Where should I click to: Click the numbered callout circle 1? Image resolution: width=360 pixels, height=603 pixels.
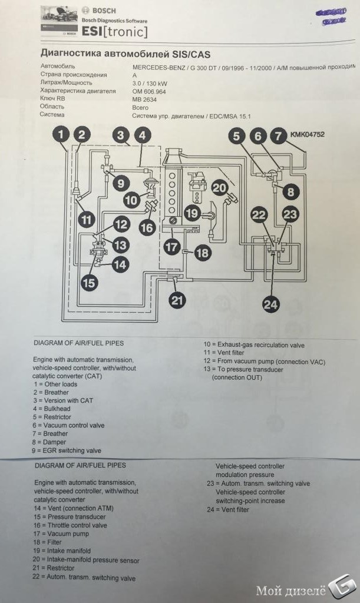[61, 135]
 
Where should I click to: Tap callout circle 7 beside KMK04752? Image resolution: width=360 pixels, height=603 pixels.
[278, 135]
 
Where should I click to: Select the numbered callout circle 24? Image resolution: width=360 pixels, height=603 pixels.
[271, 304]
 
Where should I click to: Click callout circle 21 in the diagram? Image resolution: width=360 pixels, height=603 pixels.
[177, 299]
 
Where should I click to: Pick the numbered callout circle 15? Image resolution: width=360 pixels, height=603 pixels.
[89, 283]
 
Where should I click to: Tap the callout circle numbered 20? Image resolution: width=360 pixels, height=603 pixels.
[219, 188]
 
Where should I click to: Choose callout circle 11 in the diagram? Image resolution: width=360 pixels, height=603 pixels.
[87, 221]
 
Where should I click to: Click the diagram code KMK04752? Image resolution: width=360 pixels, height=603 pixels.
[306, 135]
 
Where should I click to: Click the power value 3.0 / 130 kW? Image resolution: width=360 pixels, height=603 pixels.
[150, 83]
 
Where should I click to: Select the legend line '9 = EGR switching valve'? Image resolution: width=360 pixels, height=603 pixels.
[67, 450]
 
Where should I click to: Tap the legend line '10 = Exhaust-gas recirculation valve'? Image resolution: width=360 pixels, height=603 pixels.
[254, 344]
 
